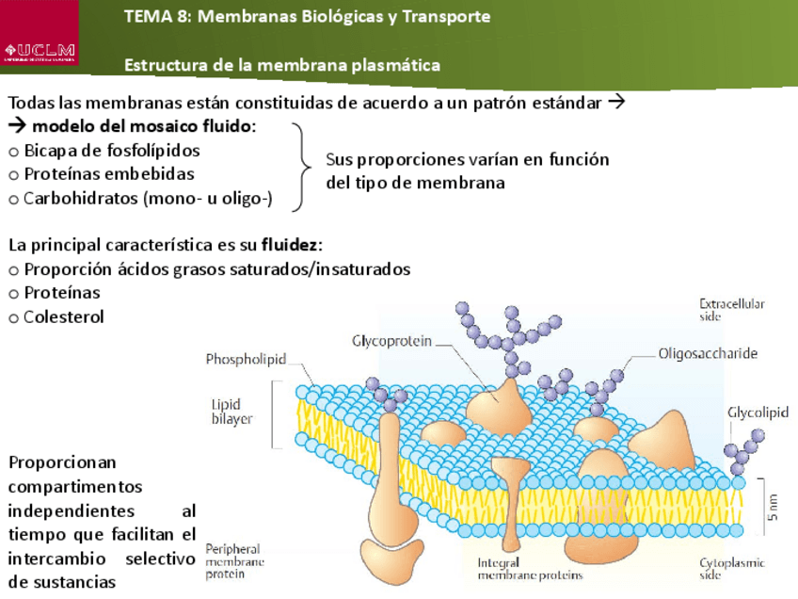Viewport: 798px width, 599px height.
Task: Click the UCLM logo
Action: click(x=40, y=48)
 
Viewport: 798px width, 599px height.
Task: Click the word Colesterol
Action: click(x=64, y=316)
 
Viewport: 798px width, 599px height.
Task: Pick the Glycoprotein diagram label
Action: click(x=392, y=340)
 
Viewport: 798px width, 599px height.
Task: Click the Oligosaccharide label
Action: click(x=707, y=354)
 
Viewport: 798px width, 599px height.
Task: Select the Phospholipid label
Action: click(x=246, y=359)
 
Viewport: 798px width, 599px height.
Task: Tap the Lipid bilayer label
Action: click(x=231, y=412)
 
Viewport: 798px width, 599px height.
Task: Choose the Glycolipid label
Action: click(x=758, y=412)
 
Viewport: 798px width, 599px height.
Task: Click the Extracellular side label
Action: click(x=731, y=310)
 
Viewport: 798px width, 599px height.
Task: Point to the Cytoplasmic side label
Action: click(x=731, y=568)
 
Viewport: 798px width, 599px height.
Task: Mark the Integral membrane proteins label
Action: click(x=529, y=568)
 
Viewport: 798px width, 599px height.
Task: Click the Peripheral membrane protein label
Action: click(x=234, y=560)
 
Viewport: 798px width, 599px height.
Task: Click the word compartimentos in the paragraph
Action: click(x=75, y=487)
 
